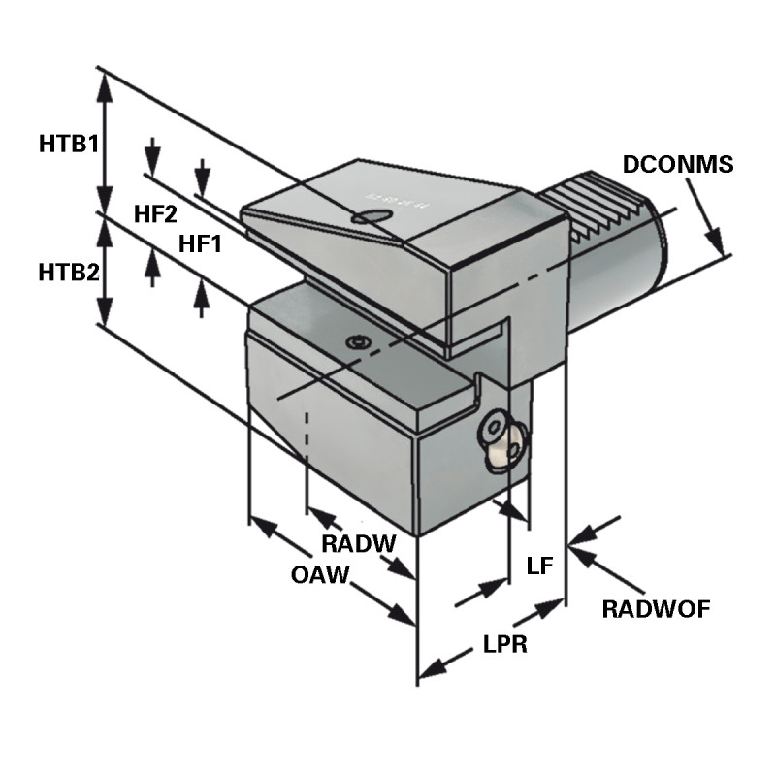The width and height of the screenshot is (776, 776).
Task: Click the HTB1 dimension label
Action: pos(69,145)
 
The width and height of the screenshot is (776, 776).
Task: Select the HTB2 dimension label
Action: pos(69,273)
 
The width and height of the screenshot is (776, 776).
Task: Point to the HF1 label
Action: pos(201,244)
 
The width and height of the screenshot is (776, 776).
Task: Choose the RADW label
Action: pos(358,544)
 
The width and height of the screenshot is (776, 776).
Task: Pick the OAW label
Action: pos(319,575)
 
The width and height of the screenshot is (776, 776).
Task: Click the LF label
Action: pos(538,566)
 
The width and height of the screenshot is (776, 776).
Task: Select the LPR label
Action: pos(504,645)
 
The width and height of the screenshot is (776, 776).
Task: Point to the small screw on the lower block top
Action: pos(360,342)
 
